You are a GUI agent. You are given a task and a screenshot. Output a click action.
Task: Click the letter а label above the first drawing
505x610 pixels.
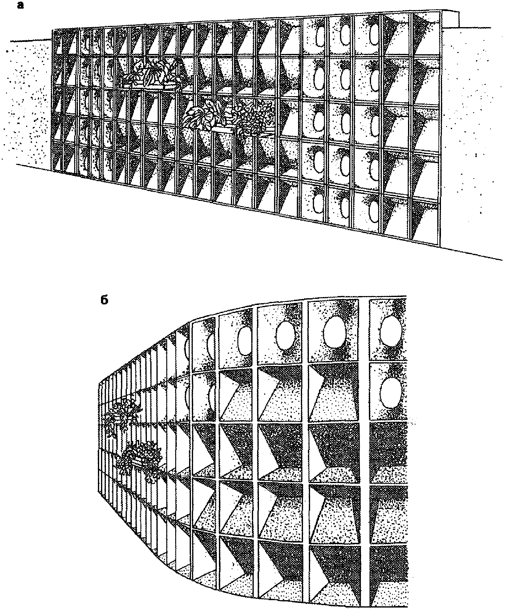point(21,5)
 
